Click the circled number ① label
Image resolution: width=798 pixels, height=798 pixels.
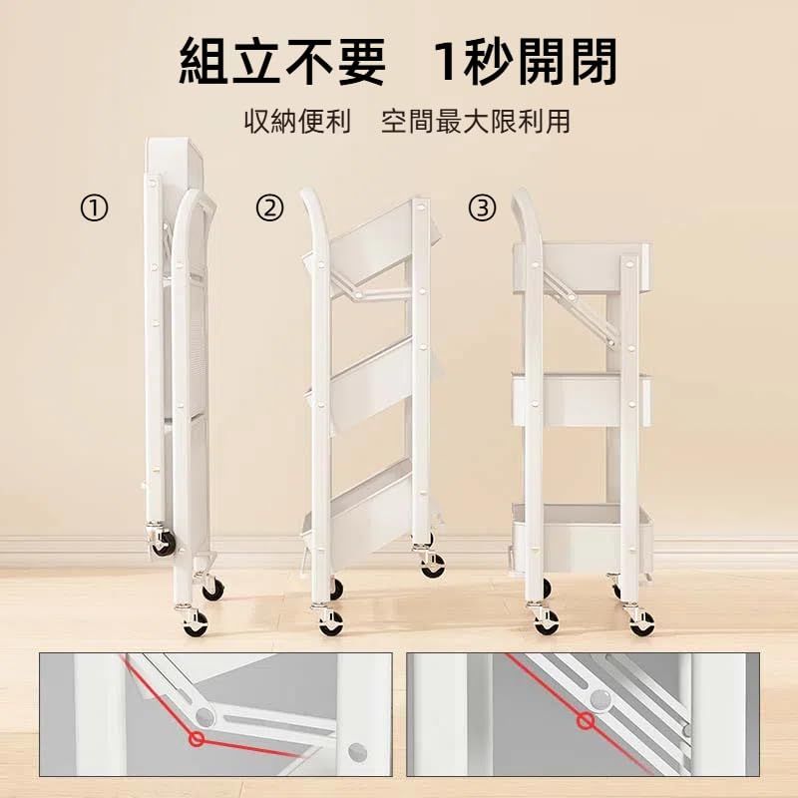pos(94,208)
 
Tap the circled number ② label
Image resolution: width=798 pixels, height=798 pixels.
pos(269,208)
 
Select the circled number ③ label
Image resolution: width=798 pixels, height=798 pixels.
pos(482,208)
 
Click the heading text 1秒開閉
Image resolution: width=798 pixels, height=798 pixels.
pos(526,62)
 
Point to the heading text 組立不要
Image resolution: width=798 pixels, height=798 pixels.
pos(282,62)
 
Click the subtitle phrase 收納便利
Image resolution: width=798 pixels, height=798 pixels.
pos(297,122)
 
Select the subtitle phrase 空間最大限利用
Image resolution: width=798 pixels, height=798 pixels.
pos(476,122)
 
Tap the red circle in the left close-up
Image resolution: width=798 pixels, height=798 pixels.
pos(198,739)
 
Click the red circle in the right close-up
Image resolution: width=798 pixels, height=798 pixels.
pos(586,720)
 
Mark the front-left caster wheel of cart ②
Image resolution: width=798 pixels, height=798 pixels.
pos(330,622)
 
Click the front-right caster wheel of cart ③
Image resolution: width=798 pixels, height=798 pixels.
pos(641,623)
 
